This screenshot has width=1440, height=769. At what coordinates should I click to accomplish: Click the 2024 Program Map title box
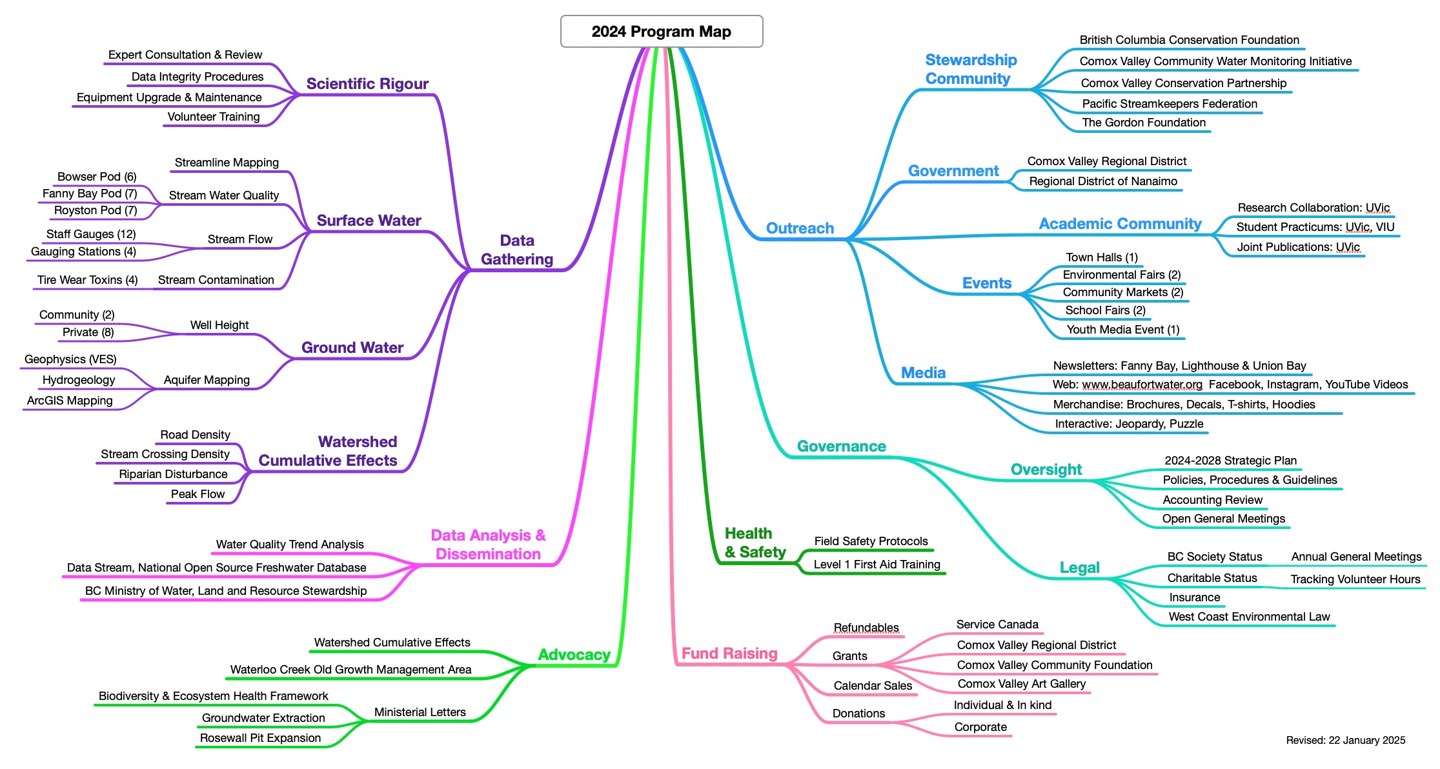click(x=661, y=32)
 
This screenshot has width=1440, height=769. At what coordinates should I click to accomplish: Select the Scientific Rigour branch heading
click(x=367, y=84)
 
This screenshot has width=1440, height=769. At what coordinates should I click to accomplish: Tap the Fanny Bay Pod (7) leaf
click(x=90, y=194)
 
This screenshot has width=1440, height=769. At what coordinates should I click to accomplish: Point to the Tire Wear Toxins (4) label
click(x=87, y=280)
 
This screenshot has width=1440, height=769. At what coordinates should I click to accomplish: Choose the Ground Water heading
click(x=352, y=348)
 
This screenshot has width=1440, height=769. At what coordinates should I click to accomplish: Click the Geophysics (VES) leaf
click(x=70, y=359)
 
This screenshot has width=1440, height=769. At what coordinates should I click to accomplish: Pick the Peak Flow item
click(x=198, y=494)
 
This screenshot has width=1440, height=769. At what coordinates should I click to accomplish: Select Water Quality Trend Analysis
click(x=290, y=544)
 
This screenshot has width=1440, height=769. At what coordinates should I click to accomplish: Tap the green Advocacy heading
click(x=574, y=655)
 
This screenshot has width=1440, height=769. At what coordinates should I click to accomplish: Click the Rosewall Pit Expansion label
click(x=260, y=738)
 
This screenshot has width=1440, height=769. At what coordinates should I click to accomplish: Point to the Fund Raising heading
click(x=729, y=654)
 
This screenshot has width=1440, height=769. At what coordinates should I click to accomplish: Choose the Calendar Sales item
click(x=873, y=686)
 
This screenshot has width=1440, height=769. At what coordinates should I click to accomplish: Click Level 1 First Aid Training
click(x=877, y=564)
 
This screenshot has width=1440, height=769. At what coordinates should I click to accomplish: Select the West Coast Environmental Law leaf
click(x=1249, y=617)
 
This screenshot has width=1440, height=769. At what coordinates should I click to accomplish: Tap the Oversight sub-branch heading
click(x=1046, y=470)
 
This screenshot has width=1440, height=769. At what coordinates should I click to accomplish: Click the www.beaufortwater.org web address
click(x=1142, y=385)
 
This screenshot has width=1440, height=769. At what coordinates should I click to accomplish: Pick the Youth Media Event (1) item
click(x=1122, y=330)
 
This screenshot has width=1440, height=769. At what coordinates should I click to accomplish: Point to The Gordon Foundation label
click(x=1144, y=123)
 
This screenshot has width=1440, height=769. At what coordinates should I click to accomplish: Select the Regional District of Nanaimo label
click(x=1103, y=181)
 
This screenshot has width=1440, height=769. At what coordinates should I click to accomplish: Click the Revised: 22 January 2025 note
click(x=1345, y=741)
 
